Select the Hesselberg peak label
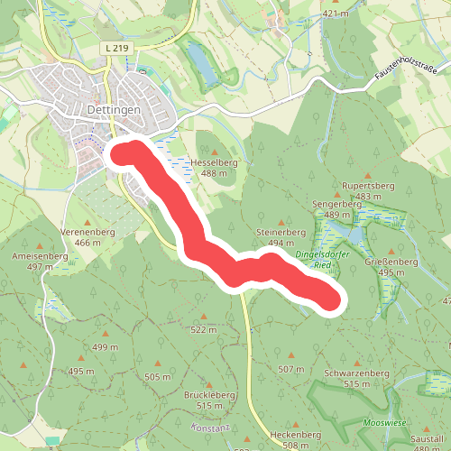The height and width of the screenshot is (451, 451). click(x=213, y=162)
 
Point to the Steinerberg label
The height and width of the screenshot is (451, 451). click(x=276, y=233)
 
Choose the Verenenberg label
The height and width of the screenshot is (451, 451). click(x=87, y=232)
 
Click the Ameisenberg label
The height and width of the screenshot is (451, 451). click(x=41, y=256)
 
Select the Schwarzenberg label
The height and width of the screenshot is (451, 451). click(x=356, y=373)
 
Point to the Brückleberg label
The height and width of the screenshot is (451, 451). click(x=209, y=395)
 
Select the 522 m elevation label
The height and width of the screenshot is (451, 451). click(x=205, y=330)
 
